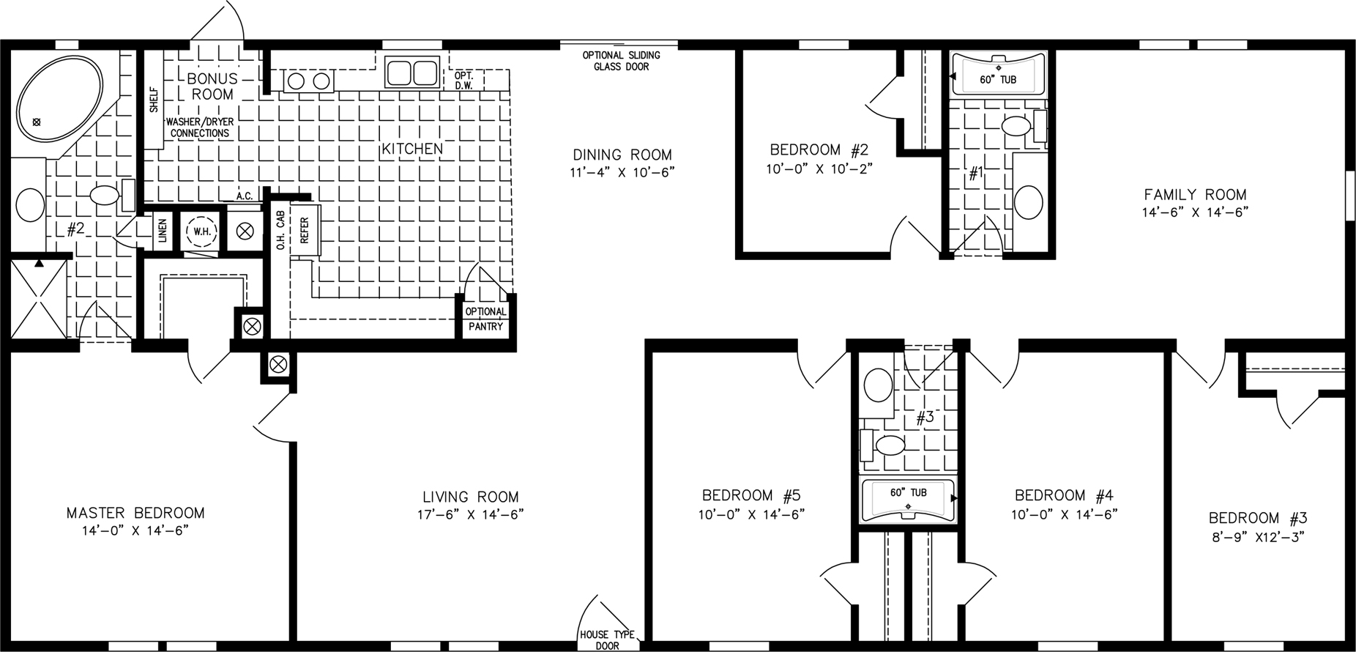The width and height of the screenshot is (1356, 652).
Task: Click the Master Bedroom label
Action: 135,513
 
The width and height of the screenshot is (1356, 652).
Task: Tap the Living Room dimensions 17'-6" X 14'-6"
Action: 466,514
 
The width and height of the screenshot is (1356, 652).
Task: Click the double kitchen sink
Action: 412,73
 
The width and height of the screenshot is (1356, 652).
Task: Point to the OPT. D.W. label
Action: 463,80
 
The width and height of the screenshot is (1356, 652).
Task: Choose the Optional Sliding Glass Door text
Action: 622,61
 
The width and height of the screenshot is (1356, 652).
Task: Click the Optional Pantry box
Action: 486,319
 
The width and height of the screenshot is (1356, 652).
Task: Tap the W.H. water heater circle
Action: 199,231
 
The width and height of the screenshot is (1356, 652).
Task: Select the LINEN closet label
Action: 163,231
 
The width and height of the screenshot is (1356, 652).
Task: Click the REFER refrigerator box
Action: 305,229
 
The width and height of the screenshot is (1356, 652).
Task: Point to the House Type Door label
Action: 607,640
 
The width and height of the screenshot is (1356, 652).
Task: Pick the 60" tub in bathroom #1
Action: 998,75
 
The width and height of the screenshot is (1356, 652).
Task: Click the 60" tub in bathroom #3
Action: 908,500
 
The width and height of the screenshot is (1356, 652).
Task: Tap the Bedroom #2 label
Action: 819,150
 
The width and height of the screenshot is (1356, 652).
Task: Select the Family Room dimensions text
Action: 1195,212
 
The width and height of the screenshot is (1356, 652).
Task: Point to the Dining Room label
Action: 622,155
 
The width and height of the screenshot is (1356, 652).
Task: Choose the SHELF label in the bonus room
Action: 154,100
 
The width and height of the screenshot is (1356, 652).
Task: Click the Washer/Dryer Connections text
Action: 200,127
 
